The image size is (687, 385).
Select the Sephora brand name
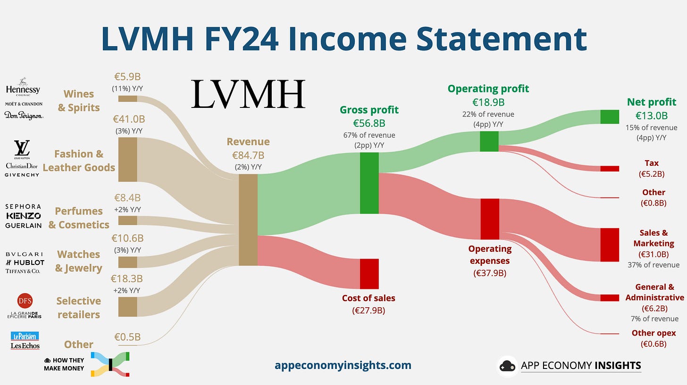(x=23, y=206)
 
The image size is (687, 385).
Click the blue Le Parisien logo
(x=25, y=336)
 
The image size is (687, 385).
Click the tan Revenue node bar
(x=248, y=220)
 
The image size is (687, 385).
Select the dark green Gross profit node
(x=369, y=183)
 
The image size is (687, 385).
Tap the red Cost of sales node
(x=369, y=274)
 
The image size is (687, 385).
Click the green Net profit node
(x=609, y=116)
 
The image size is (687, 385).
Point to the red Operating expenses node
(x=490, y=219)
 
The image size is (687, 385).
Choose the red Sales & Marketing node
(x=609, y=245)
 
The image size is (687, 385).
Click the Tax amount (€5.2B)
(x=651, y=174)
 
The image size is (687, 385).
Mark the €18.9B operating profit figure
(x=488, y=102)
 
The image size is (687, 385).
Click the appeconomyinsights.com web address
(x=343, y=365)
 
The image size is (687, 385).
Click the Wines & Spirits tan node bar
(x=127, y=98)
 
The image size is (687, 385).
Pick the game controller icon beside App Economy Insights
(x=507, y=366)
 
